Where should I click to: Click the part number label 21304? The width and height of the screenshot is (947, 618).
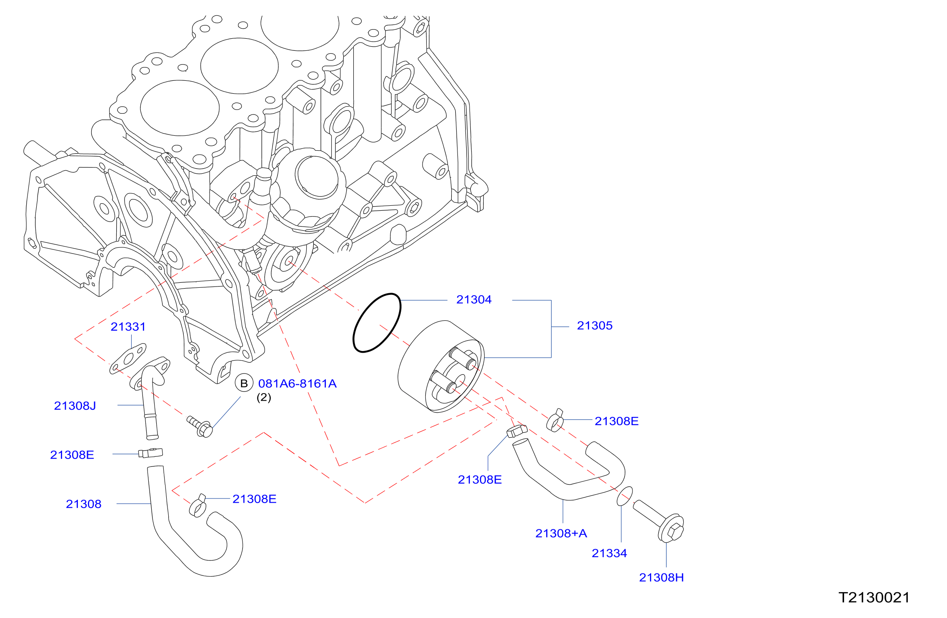coord(474,299)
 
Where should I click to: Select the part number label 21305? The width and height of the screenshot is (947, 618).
coord(595,326)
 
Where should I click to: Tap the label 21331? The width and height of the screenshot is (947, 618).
coord(128,327)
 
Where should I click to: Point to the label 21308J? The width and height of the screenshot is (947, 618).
coord(75,406)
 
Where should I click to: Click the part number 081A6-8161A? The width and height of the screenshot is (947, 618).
coord(297,384)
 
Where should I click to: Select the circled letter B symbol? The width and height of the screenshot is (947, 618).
coord(244,383)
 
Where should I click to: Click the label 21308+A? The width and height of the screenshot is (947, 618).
coord(561,533)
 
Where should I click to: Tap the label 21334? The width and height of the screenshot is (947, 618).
coord(609,553)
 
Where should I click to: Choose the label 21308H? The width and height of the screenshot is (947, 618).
coord(662,578)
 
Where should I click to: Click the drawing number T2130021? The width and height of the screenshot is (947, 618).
coord(874,598)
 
